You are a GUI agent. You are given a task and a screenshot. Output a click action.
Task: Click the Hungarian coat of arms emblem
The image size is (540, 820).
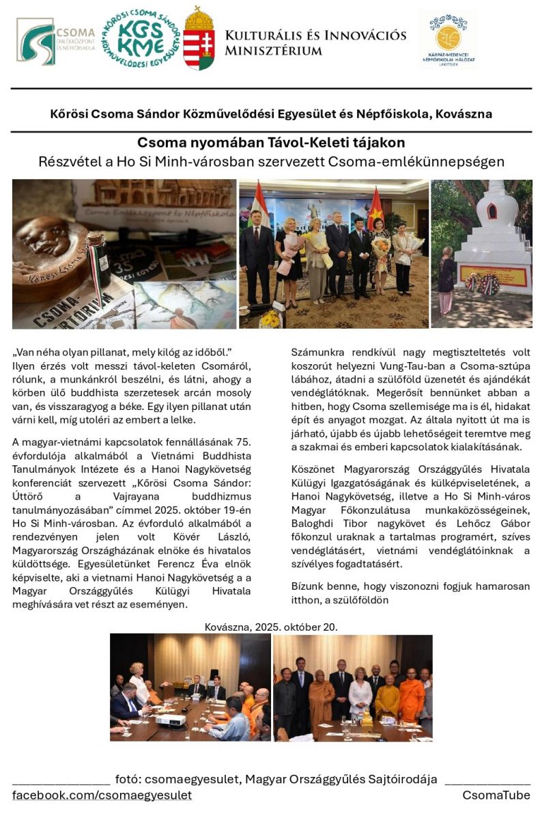click(x=199, y=40)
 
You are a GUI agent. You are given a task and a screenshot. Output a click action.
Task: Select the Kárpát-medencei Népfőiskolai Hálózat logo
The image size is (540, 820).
click(x=448, y=40)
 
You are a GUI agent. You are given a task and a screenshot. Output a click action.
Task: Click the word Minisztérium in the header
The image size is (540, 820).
click(x=273, y=51)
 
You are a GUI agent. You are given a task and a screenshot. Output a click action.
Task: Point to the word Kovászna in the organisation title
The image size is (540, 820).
click(x=463, y=113)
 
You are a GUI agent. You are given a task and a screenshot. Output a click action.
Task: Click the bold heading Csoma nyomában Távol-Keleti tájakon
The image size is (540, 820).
click(x=271, y=143)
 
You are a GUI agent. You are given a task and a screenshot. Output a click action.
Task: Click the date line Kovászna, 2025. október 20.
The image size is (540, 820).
click(x=271, y=627)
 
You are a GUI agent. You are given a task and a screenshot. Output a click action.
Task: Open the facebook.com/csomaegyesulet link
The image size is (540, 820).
click(x=102, y=795)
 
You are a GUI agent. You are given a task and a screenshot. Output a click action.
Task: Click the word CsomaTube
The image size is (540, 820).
click(x=496, y=795)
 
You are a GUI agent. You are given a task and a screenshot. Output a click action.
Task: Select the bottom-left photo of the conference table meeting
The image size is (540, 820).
click(x=190, y=687)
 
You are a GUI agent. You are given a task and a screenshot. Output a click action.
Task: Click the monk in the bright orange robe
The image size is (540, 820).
click(x=411, y=697)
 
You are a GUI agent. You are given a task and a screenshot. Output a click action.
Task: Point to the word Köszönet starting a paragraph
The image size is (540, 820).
click(x=315, y=471)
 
